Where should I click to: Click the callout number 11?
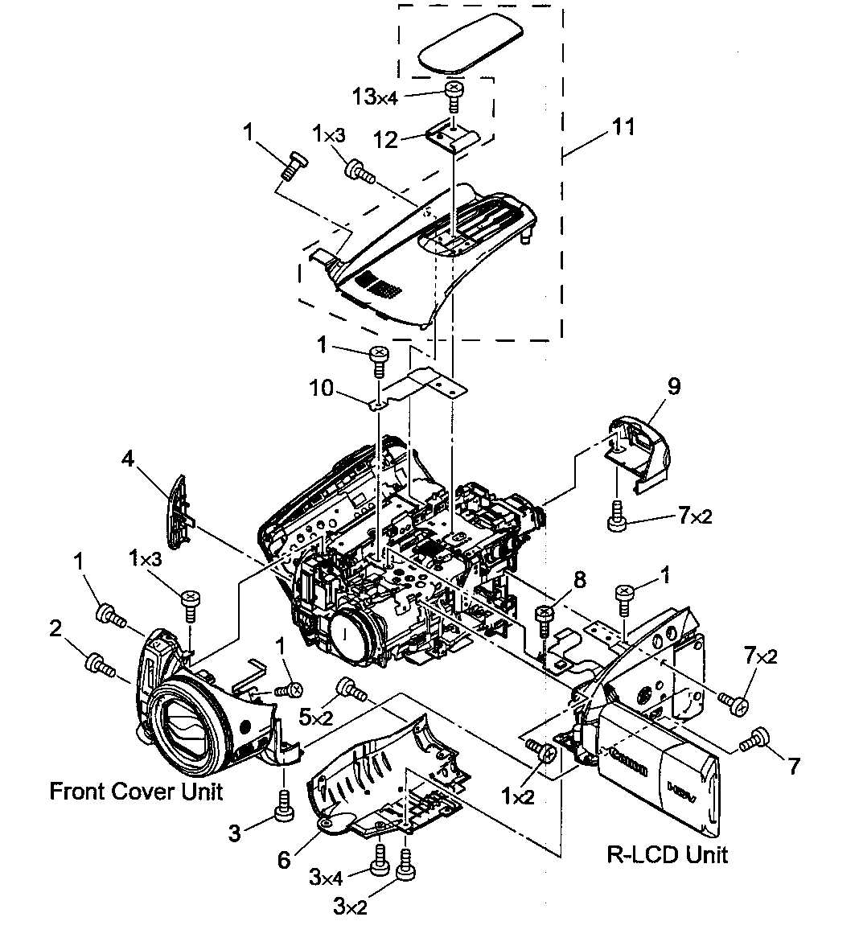tap(623, 126)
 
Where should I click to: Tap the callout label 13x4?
tap(375, 97)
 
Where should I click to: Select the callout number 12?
tap(386, 139)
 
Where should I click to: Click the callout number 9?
tap(673, 386)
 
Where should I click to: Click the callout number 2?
tap(55, 629)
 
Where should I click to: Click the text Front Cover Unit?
tap(136, 791)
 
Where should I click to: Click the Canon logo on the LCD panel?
tap(628, 760)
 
